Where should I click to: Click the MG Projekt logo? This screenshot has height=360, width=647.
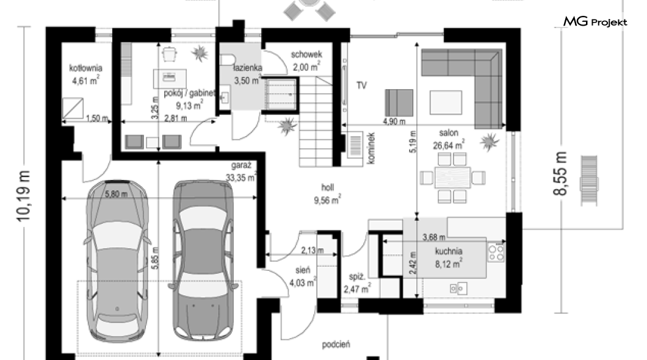coord(595,21)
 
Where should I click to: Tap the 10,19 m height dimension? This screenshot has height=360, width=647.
coord(24,196)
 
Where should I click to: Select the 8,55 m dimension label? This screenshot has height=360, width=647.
coord(560,173)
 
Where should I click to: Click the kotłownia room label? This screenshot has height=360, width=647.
coord(86,68)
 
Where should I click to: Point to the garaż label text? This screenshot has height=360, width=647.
coord(241,165)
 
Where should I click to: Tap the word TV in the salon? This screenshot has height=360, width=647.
coord(361,85)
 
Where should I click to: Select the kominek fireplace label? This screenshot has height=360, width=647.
coord(370,148)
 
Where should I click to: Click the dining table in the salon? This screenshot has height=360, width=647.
coord(453,178)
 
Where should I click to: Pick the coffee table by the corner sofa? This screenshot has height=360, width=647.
coord(446,103)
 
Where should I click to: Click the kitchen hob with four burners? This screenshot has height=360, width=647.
coord(496,253)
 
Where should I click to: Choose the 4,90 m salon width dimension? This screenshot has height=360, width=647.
coord(394,121)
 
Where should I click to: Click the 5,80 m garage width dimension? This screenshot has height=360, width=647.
coord(116,194)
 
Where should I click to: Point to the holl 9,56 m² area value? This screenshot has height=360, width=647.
coord(327,200)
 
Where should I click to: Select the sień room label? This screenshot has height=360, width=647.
coord(303,270)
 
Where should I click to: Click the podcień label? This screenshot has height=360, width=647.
coord(336,344)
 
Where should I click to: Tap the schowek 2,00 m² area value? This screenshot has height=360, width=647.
coord(306,67)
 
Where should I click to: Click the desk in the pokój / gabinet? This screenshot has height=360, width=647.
coord(170,78)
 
